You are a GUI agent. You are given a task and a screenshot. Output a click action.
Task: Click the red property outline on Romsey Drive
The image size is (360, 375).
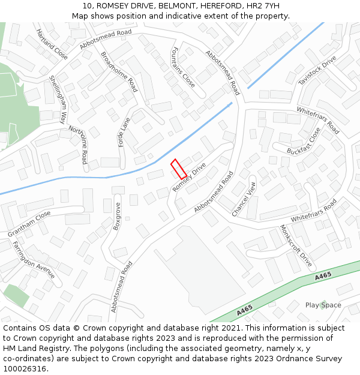[x=179, y=169]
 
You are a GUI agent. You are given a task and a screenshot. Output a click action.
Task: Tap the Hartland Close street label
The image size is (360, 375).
[x=52, y=44]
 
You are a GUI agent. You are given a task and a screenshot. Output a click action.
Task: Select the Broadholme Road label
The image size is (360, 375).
[x=119, y=71]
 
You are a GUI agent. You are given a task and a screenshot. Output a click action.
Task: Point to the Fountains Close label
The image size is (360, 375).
[x=183, y=67]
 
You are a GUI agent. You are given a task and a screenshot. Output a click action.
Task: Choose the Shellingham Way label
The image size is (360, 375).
[x=58, y=100]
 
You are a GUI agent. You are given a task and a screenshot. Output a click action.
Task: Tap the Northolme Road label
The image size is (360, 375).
[x=79, y=145]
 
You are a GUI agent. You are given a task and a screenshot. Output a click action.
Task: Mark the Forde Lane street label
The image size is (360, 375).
[x=125, y=133]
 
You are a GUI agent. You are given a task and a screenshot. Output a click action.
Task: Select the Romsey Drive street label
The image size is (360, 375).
[x=189, y=178]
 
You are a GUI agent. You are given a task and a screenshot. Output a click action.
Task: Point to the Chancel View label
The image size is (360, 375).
[x=244, y=199]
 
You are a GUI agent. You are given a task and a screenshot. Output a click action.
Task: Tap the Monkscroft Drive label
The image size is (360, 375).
[x=296, y=246]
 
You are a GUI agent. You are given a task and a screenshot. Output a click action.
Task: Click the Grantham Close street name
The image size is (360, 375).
[x=29, y=224]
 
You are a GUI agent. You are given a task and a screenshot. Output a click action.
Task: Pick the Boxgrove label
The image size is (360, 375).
[x=118, y=217]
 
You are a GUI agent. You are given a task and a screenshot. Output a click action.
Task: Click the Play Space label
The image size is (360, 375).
[x=323, y=305]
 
